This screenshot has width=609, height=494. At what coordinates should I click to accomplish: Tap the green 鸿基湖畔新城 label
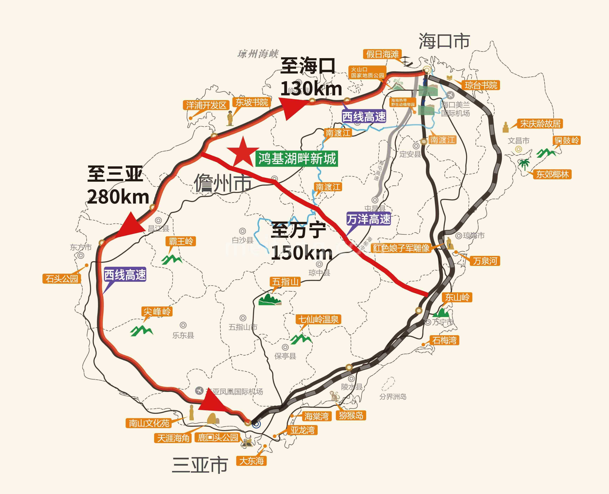click(297, 158)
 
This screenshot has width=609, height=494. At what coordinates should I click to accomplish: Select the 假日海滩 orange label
click(382, 54)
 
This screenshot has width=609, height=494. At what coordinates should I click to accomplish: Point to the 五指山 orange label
click(285, 282)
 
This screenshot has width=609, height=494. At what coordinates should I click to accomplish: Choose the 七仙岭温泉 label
click(318, 319)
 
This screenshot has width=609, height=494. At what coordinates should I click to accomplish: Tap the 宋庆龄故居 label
click(540, 124)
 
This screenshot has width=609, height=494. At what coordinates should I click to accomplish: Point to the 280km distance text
click(118, 197)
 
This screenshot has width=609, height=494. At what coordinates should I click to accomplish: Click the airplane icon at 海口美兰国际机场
click(450, 95)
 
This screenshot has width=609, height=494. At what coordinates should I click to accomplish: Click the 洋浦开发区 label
click(206, 105)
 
